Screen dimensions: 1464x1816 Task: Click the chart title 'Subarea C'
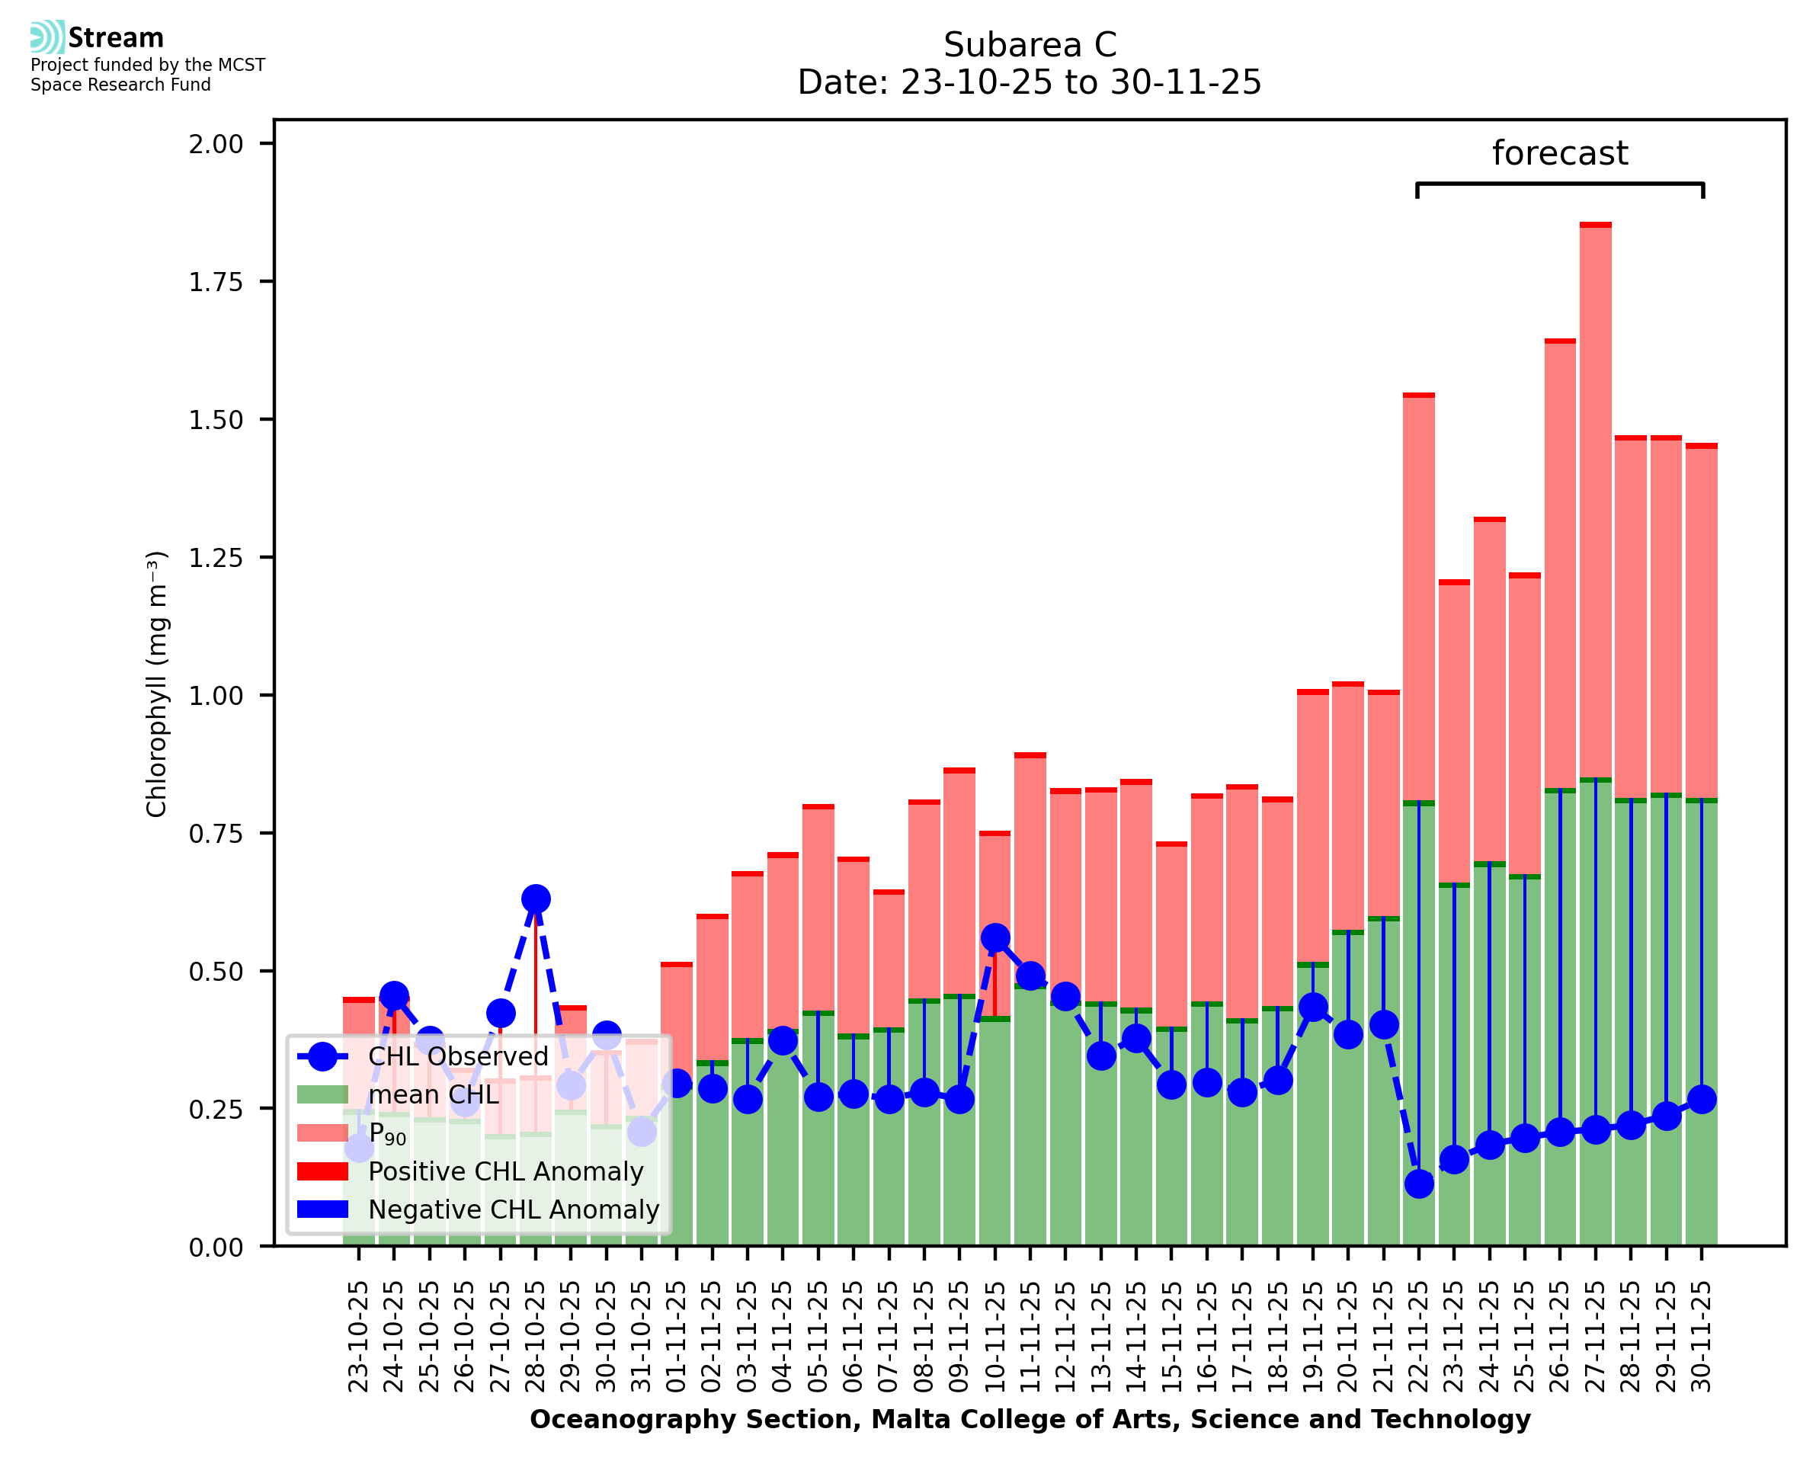click(x=1030, y=45)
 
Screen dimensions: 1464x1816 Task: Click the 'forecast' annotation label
click(x=1560, y=153)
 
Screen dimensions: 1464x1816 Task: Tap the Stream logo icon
click(x=47, y=37)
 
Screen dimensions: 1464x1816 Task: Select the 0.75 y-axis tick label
click(x=216, y=834)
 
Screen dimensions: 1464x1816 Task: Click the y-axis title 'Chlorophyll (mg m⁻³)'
click(x=157, y=684)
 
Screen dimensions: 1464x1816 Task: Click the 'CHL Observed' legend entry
click(x=458, y=1057)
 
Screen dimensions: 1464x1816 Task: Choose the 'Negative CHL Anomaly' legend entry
click(x=513, y=1209)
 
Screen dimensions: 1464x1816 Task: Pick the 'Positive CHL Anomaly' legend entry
click(x=505, y=1171)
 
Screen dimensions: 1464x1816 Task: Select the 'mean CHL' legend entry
click(x=434, y=1094)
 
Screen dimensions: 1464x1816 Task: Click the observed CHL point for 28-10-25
click(x=536, y=899)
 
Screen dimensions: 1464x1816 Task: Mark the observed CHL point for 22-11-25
click(x=1419, y=1184)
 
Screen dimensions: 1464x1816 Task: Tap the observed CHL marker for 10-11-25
click(x=994, y=938)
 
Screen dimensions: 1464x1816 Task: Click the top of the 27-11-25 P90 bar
click(x=1595, y=225)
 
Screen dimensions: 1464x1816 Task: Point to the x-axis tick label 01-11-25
click(x=676, y=1337)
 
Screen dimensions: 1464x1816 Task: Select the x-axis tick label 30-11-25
click(x=1702, y=1337)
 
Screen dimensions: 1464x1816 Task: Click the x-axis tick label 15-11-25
click(x=1171, y=1337)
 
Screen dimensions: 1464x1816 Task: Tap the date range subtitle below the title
click(x=1030, y=82)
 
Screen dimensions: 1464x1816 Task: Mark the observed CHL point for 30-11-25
click(x=1702, y=1100)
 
